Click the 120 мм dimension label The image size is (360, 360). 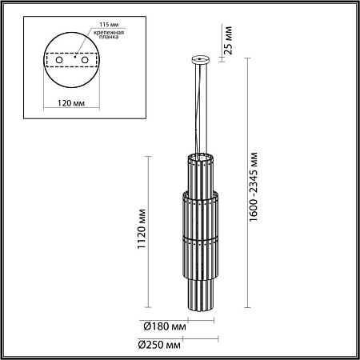(x=71, y=103)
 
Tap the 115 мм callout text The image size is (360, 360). (x=109, y=25)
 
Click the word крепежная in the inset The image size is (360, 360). (x=109, y=33)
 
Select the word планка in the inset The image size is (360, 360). (x=109, y=37)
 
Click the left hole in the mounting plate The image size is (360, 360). (x=59, y=60)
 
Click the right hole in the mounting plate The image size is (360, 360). (x=85, y=60)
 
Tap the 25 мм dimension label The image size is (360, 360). (x=229, y=40)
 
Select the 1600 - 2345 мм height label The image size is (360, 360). (x=254, y=186)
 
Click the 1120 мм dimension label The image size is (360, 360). (x=142, y=229)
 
